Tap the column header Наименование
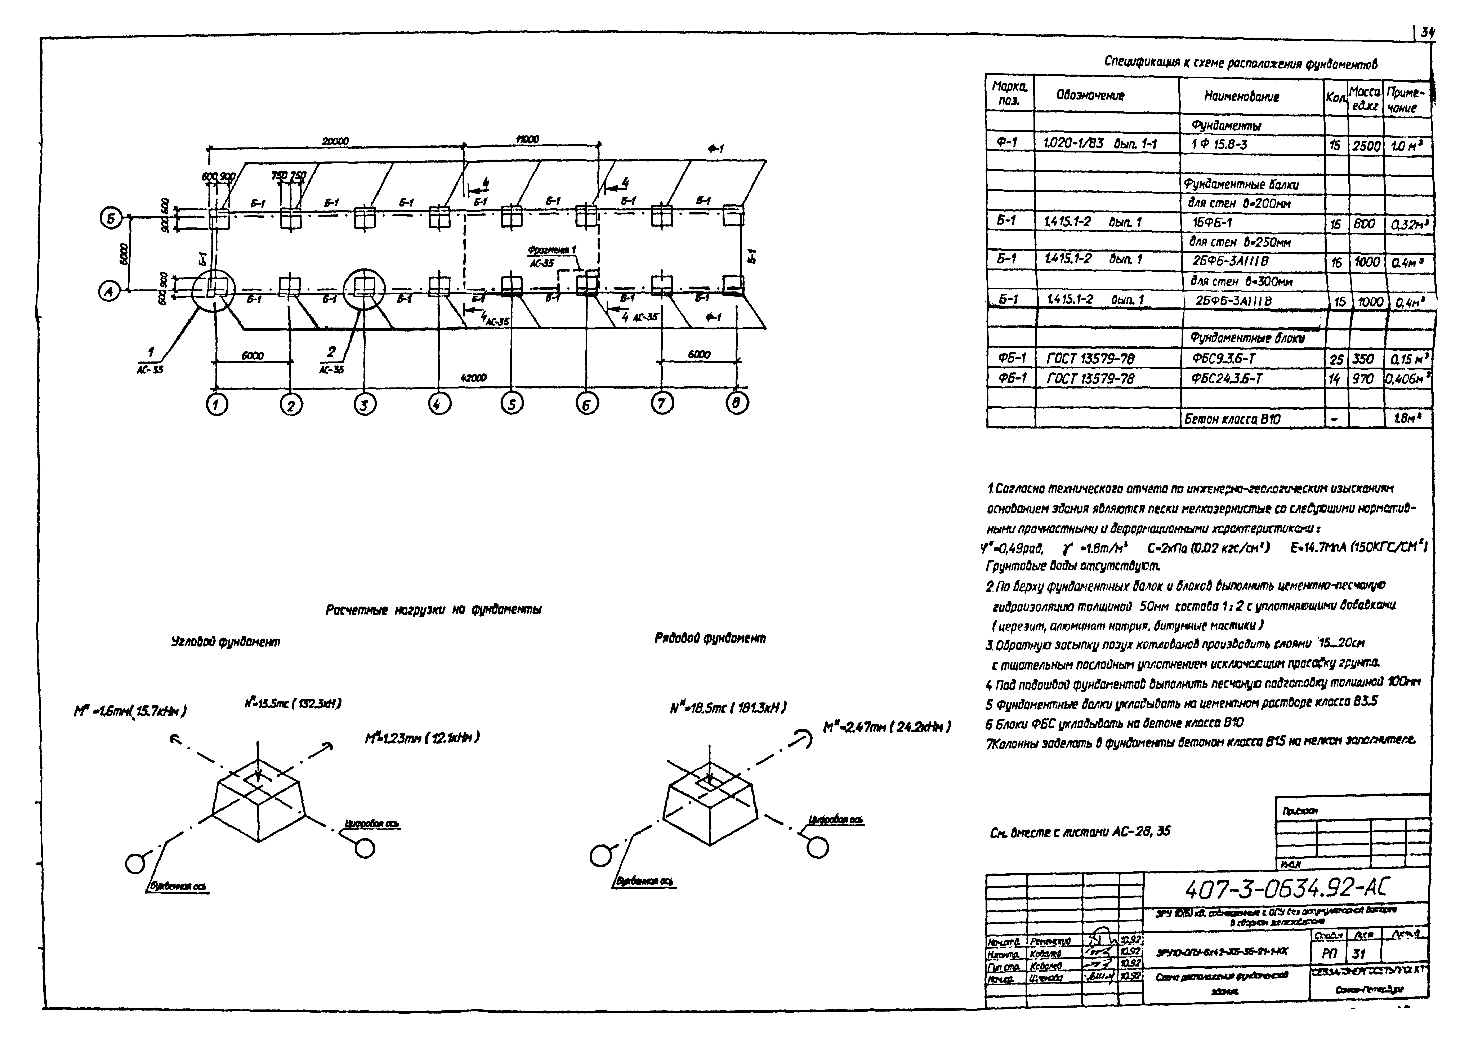[x=1241, y=97]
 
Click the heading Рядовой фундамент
[x=710, y=638]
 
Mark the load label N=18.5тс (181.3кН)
[x=727, y=708]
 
